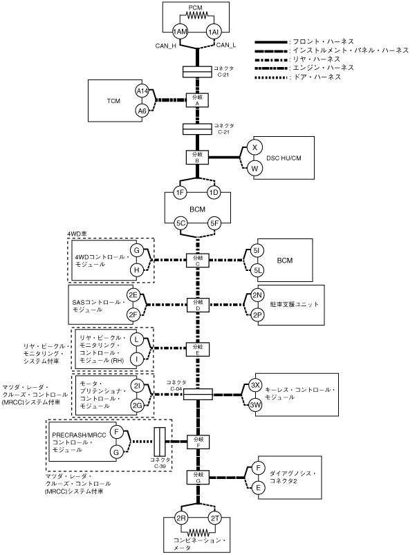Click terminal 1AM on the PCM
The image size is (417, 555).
click(180, 32)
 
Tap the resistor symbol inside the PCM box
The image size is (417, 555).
click(197, 16)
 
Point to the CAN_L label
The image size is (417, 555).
click(226, 45)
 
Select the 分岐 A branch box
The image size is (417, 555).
click(197, 100)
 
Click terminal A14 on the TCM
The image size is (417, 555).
click(142, 91)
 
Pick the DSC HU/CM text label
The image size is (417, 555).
click(284, 158)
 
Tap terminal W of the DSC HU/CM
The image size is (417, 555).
click(254, 169)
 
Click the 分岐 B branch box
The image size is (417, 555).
click(197, 158)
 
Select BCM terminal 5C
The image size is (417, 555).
click(180, 223)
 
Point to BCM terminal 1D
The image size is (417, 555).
click(214, 193)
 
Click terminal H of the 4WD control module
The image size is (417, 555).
click(136, 270)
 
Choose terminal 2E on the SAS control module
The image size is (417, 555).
click(133, 295)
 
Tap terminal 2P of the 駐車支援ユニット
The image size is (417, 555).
click(257, 314)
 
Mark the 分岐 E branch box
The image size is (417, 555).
click(198, 349)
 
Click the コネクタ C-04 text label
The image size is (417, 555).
click(176, 385)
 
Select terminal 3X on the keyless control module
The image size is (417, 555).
click(255, 386)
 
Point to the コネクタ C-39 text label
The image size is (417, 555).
click(160, 462)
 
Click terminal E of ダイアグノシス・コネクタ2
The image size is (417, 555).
click(258, 488)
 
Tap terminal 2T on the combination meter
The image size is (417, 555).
click(215, 518)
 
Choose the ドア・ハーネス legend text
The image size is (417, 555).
click(317, 77)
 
